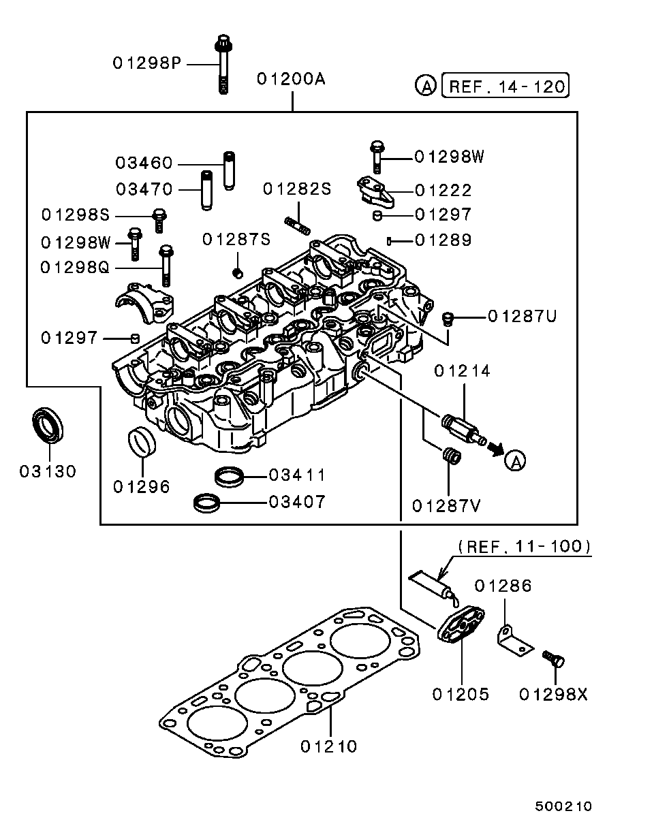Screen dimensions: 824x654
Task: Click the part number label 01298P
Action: click(146, 63)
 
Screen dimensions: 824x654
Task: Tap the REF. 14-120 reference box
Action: click(505, 86)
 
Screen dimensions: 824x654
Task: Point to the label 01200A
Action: click(291, 79)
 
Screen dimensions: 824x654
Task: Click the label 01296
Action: click(142, 487)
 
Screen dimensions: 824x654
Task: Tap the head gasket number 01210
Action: click(328, 746)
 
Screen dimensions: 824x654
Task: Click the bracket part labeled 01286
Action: click(512, 641)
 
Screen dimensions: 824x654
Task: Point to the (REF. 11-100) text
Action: click(523, 546)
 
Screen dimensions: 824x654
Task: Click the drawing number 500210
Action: click(563, 806)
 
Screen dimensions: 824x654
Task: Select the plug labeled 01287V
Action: click(450, 456)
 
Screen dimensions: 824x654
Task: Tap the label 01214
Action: click(462, 371)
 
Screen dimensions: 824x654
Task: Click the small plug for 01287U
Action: click(448, 318)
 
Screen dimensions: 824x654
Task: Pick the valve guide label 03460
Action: click(144, 163)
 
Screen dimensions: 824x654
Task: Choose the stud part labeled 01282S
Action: click(296, 225)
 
